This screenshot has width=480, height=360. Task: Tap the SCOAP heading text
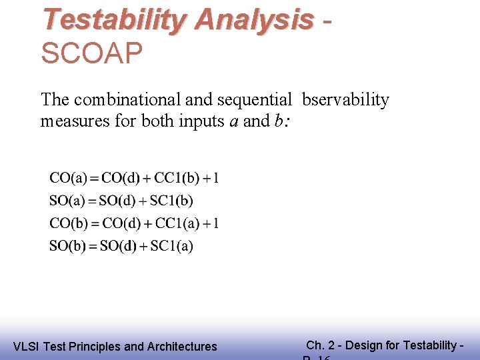pos(92,54)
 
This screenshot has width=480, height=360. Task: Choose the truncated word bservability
pos(345,100)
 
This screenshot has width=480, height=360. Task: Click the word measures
pos(69,121)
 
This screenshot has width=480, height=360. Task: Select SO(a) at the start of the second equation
pos(69,201)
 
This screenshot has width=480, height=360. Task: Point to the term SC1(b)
pos(171,201)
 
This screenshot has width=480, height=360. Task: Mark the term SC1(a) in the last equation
pos(172,246)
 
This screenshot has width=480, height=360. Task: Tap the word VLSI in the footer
pos(25,347)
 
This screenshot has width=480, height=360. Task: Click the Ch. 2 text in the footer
pos(321,345)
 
